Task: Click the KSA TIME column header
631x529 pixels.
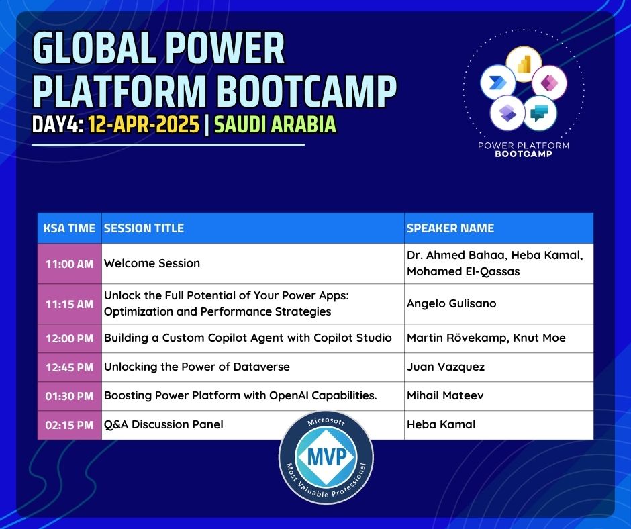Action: click(69, 228)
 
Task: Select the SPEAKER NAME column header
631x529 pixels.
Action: click(450, 228)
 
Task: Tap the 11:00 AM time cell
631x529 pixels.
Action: click(69, 264)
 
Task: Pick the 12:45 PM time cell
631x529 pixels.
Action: click(69, 367)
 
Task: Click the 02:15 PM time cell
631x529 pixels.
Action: click(69, 425)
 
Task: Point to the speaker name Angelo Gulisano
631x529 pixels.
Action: click(452, 303)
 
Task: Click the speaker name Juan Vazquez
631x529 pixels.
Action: click(446, 367)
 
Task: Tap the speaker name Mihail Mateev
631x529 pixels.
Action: click(445, 395)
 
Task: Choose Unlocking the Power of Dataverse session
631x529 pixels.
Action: click(197, 367)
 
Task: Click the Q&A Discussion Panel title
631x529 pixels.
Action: click(163, 424)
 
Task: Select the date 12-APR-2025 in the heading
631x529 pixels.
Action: click(144, 124)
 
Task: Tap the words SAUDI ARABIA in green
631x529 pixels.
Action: click(275, 124)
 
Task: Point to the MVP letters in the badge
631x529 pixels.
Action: click(326, 456)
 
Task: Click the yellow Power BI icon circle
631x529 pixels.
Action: click(524, 64)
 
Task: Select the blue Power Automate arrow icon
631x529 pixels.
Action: click(498, 82)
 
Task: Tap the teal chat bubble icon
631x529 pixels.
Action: click(540, 113)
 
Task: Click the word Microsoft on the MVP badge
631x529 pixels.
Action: click(326, 421)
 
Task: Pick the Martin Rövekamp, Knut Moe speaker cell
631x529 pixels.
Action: click(486, 338)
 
